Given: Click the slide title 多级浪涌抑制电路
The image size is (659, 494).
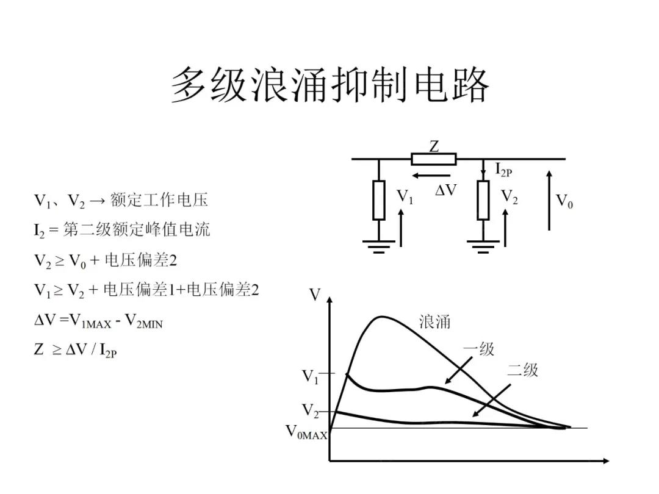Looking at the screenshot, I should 329,85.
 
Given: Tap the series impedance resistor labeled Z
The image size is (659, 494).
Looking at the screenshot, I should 433,159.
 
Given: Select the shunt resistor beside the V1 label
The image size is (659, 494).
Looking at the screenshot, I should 379,200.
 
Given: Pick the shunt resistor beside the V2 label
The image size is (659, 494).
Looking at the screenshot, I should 483,200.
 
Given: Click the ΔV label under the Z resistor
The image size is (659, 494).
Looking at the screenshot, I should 445,190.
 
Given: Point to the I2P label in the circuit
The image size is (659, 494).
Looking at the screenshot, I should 503,170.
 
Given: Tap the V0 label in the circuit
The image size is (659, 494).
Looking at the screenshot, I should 564,201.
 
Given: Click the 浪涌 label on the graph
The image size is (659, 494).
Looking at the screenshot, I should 434,321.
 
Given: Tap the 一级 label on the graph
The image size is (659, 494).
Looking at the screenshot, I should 478,349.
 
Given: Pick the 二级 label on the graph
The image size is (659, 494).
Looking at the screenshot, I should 523,370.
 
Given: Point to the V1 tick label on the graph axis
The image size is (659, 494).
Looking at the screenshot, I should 311,377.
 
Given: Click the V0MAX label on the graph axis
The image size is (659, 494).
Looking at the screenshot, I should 307,433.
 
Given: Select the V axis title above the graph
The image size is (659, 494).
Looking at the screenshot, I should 315,295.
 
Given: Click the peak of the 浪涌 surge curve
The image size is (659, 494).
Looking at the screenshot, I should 382,317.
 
